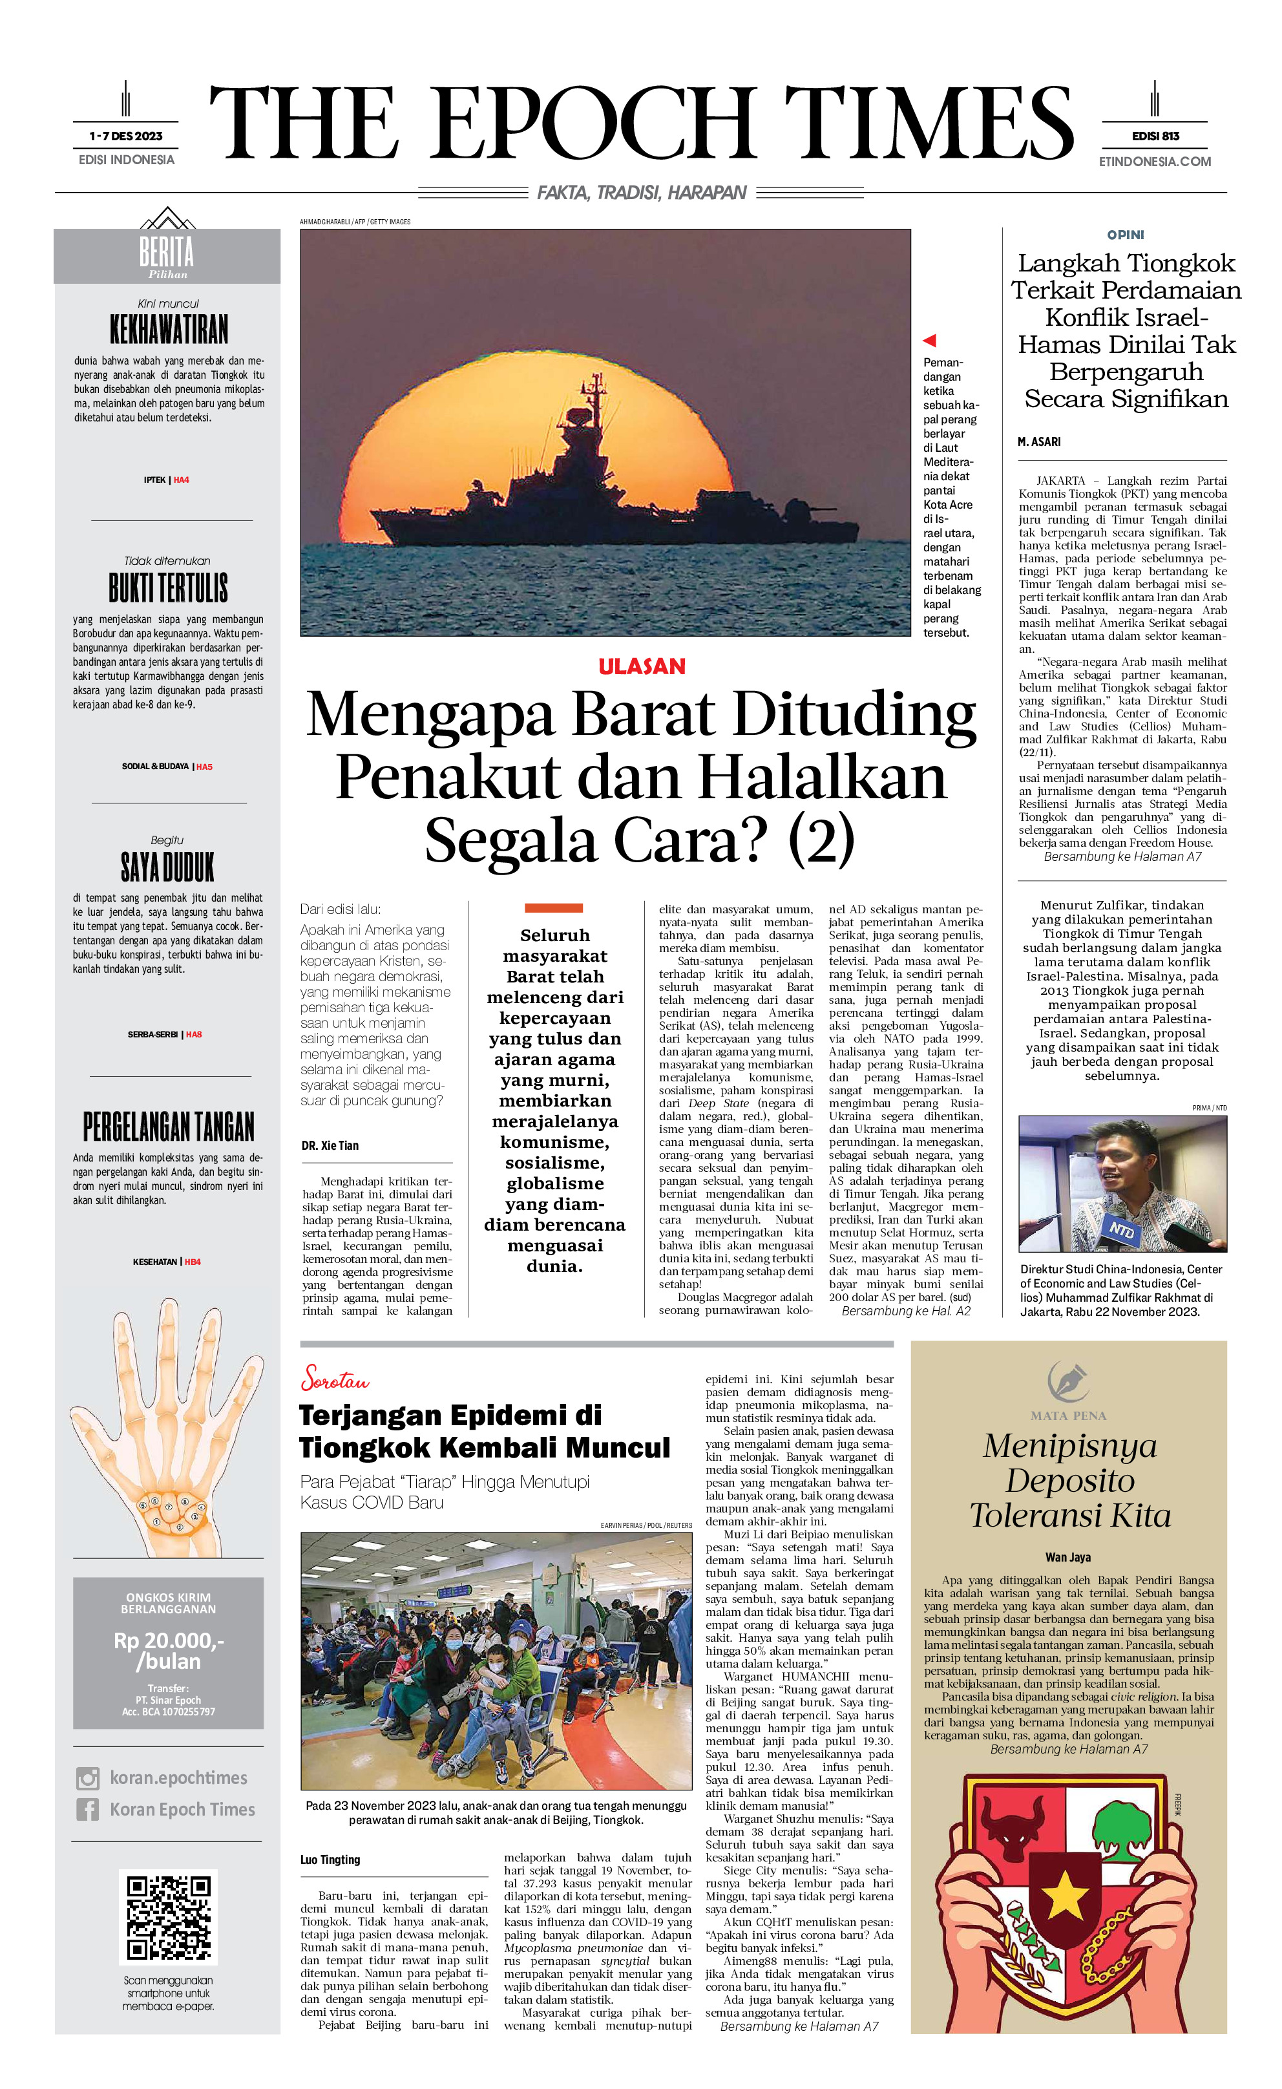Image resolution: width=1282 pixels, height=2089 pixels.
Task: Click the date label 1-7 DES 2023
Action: click(x=125, y=136)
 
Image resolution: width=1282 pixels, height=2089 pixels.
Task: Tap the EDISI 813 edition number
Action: click(x=1155, y=136)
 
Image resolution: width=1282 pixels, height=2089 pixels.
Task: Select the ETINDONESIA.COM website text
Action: click(x=1155, y=161)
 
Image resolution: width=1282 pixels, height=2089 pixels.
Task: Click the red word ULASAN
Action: click(x=641, y=666)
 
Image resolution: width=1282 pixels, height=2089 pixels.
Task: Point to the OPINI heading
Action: click(x=1125, y=235)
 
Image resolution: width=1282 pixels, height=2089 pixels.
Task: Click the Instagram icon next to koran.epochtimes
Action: click(x=87, y=1777)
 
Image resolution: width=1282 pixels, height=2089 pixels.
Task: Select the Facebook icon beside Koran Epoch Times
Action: click(x=87, y=1809)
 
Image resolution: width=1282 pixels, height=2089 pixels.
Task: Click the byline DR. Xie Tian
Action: click(x=330, y=1145)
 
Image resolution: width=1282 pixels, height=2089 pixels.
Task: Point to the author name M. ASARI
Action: click(x=1038, y=442)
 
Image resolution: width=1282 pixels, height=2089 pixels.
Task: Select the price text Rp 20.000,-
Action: click(x=169, y=1641)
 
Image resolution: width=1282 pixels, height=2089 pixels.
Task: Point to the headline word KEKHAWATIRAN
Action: click(x=169, y=329)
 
